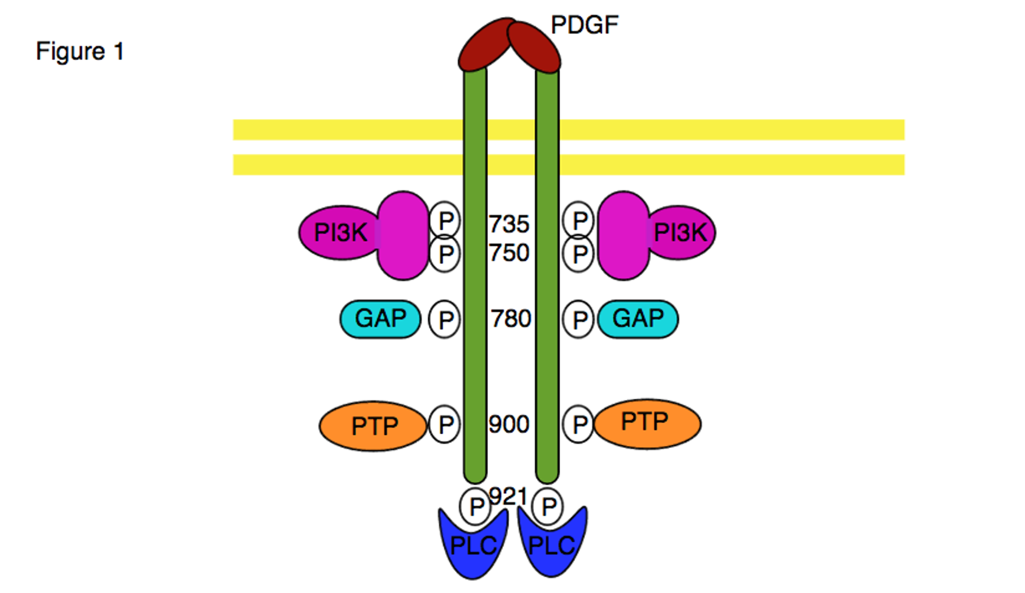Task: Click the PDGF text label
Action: tap(584, 25)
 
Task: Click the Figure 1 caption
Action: tap(80, 51)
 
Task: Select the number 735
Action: tap(508, 224)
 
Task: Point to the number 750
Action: tap(508, 253)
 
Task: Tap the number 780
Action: tap(510, 319)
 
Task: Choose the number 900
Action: tap(508, 424)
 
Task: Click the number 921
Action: tap(507, 496)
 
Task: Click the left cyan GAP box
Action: tap(380, 319)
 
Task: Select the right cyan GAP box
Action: tap(638, 319)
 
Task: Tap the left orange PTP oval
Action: tap(373, 426)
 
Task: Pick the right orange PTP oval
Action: tap(647, 423)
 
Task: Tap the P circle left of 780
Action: tap(445, 320)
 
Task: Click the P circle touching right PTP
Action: tap(578, 424)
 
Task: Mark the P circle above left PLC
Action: tap(475, 506)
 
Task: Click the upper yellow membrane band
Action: tap(701, 130)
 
